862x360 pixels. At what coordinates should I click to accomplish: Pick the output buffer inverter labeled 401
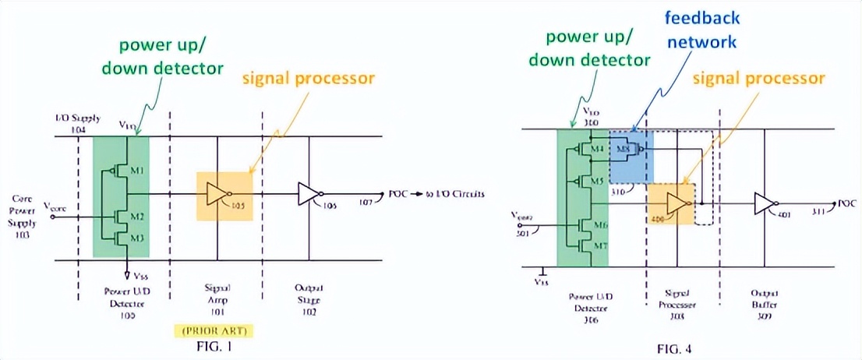[x=764, y=204]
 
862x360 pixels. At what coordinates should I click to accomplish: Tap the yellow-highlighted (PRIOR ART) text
[x=214, y=330]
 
